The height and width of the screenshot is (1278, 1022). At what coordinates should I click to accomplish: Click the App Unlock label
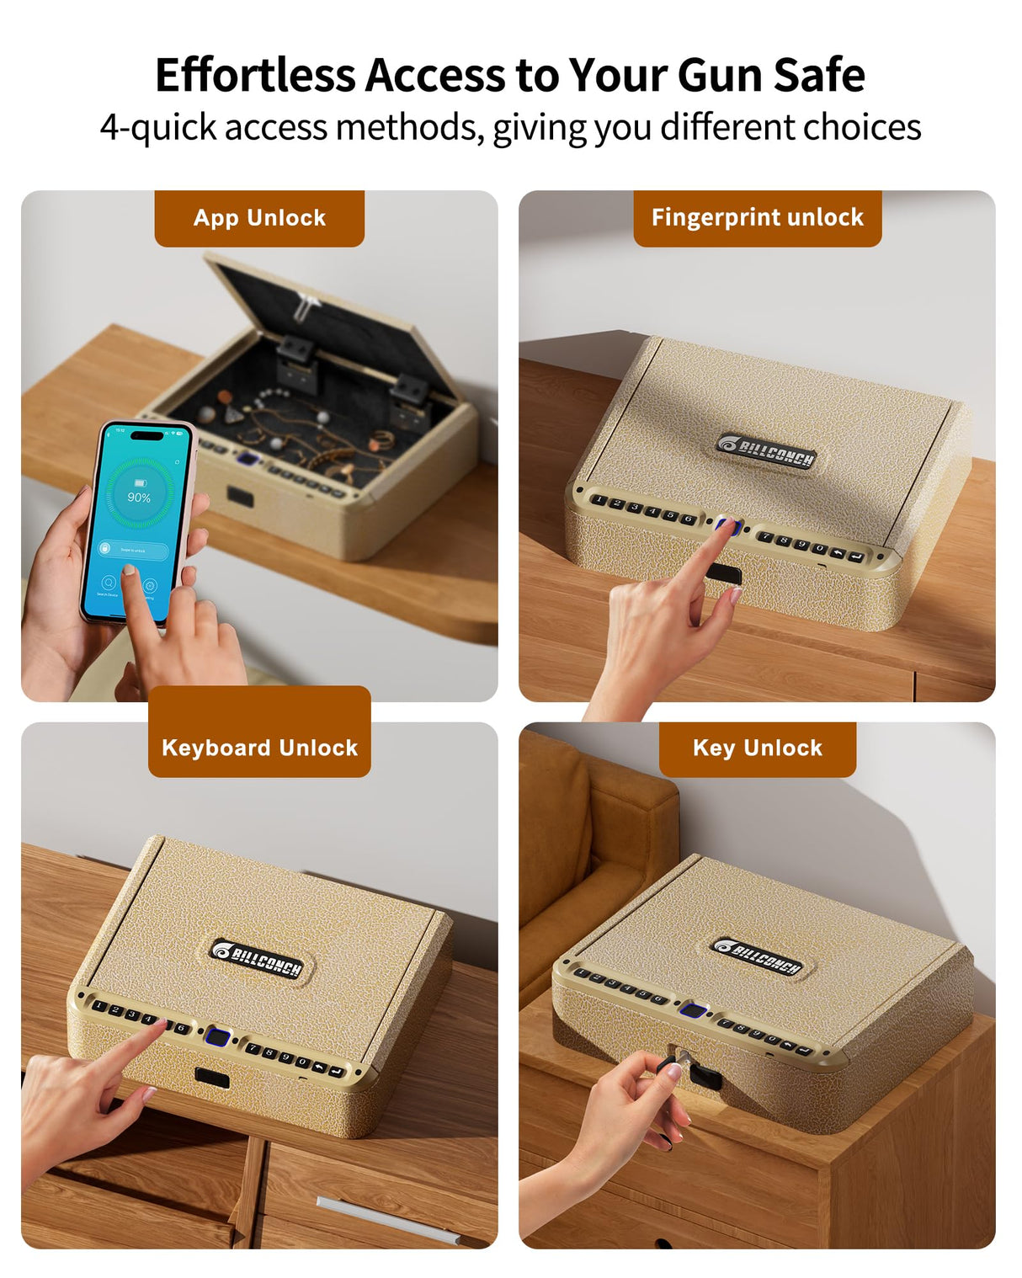click(259, 218)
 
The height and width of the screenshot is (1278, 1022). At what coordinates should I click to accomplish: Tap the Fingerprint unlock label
click(757, 218)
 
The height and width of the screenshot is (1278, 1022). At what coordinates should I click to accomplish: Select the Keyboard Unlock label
click(259, 748)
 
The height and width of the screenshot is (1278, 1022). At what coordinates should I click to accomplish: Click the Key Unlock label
click(757, 748)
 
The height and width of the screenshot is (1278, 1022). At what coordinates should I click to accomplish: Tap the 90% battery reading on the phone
click(139, 498)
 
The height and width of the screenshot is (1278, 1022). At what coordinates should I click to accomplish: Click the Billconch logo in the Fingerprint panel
click(766, 451)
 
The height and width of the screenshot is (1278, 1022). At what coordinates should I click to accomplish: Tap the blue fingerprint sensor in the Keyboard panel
click(218, 1036)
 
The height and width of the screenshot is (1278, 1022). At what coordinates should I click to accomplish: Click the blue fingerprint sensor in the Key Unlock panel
click(693, 1012)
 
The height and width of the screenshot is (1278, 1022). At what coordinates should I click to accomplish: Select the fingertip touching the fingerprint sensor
click(726, 526)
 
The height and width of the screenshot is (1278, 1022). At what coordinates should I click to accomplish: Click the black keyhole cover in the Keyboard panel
click(212, 1077)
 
